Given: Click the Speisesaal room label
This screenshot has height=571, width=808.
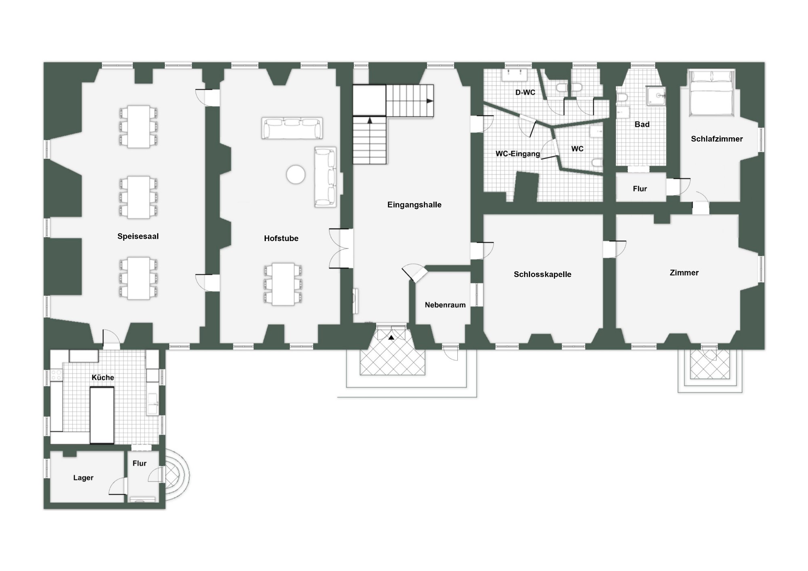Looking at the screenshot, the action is tap(138, 236).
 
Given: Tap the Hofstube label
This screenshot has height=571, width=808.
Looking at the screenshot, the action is tap(281, 238).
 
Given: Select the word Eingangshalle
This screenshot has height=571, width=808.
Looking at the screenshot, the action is tap(414, 205).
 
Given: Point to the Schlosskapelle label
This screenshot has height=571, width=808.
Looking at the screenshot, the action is tap(543, 274).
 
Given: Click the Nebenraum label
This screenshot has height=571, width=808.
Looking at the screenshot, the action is tap(445, 305).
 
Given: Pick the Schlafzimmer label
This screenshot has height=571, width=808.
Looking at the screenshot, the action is tap(717, 139).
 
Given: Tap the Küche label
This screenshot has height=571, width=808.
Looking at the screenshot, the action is tap(103, 378).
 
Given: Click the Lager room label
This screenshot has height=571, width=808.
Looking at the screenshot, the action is tap(83, 478).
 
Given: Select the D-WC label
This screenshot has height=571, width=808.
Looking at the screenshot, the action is tap(525, 92).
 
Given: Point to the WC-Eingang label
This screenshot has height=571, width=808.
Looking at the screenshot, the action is tap(518, 154).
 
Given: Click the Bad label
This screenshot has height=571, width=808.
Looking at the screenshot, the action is tap(642, 124).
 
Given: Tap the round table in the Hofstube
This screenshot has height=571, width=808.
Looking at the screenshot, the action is tap(296, 174).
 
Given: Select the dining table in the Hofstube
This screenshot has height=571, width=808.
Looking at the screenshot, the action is tap(283, 284).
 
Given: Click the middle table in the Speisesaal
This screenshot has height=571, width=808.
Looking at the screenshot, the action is tap(139, 197).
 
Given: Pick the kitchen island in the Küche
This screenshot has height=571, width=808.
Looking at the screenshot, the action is tap(102, 415).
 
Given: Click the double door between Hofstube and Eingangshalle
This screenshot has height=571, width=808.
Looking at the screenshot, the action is tap(340, 248).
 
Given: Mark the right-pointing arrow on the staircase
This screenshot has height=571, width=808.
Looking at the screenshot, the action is tap(430, 101).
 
